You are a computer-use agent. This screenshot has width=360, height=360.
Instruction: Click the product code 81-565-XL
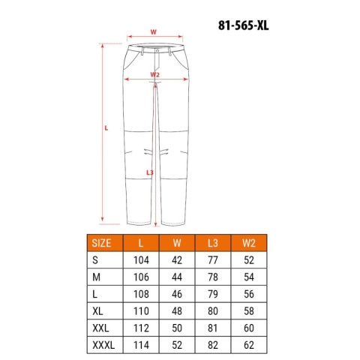click(243, 25)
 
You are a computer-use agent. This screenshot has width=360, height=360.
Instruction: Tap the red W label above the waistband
click(153, 32)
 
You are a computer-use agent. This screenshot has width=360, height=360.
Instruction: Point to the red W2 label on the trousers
click(154, 74)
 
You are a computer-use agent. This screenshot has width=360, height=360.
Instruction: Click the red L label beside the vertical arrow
click(106, 128)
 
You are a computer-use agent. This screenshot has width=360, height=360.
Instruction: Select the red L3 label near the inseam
click(150, 172)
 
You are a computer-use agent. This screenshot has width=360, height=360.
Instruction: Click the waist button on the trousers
click(157, 51)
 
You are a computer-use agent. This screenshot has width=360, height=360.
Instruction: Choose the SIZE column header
click(101, 243)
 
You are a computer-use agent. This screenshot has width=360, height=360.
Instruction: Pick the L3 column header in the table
click(213, 243)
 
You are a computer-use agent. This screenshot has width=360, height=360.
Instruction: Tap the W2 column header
click(249, 243)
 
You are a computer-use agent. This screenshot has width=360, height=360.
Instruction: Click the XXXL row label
click(103, 345)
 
